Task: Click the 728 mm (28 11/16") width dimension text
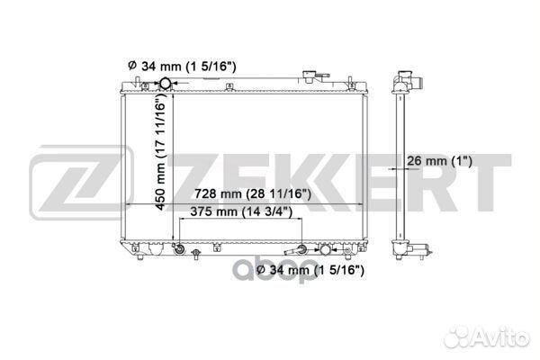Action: click(253, 194)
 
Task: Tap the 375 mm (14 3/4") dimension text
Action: click(241, 211)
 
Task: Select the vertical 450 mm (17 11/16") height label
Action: click(160, 154)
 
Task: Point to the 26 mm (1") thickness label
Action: click(439, 161)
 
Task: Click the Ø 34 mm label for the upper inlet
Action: click(182, 66)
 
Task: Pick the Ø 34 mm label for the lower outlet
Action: click(310, 270)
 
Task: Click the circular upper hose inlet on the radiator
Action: click(166, 83)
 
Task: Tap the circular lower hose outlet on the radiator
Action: click(325, 249)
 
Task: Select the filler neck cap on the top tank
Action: click(310, 76)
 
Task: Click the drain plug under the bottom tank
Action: click(196, 254)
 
